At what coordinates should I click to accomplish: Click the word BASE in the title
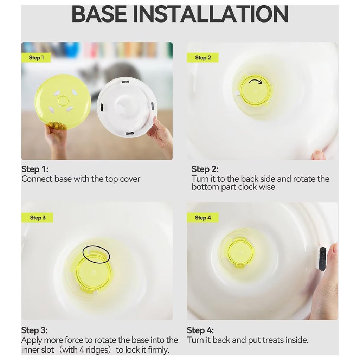[99, 14]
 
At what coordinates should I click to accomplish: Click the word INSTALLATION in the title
[211, 14]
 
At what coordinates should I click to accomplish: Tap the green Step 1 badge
[36, 58]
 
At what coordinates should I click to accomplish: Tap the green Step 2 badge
[203, 58]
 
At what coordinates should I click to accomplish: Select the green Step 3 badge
[37, 218]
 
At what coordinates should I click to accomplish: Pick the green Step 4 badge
[203, 218]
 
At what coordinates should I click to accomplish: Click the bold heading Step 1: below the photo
[35, 169]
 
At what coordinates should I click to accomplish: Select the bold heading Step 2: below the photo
[205, 169]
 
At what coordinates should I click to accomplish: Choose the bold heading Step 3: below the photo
[34, 330]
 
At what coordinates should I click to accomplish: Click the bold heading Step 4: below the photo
[200, 330]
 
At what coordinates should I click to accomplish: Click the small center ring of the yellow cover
[62, 101]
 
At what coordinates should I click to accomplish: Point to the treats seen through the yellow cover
[56, 125]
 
